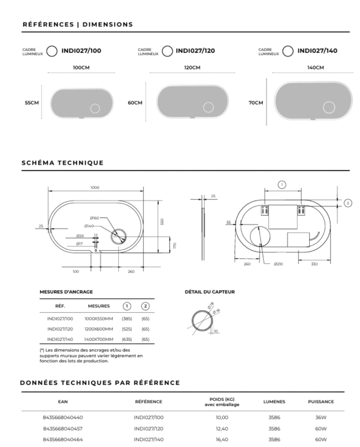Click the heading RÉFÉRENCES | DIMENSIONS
78,24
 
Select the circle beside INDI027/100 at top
51,50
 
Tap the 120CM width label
192,67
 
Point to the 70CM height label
256,103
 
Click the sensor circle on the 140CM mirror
329,108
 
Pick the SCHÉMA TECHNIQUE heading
62,163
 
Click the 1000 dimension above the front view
95,187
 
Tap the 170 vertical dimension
174,246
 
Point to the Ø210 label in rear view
278,264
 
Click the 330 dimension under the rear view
314,264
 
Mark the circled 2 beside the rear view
348,203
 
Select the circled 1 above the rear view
281,185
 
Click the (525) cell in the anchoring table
127,329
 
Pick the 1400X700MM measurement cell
98,339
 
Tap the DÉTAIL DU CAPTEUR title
209,292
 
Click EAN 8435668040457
63,428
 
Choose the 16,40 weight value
222,439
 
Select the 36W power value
320,417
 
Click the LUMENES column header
274,402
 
